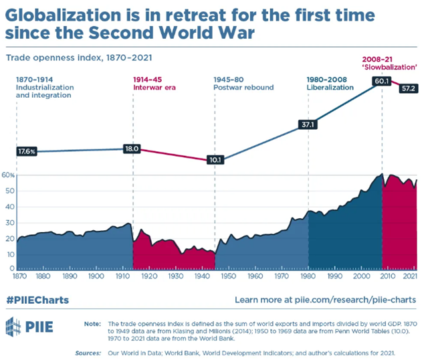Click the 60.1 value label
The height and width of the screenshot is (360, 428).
(381, 81)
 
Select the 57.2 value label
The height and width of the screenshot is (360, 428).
(407, 88)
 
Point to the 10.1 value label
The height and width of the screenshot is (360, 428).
(215, 160)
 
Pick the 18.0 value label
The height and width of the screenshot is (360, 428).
(132, 149)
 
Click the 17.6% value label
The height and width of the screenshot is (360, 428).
(27, 151)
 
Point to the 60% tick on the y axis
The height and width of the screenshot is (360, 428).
(9, 175)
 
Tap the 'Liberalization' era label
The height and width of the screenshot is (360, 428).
(329, 87)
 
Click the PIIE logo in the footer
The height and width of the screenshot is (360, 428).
(27, 329)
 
